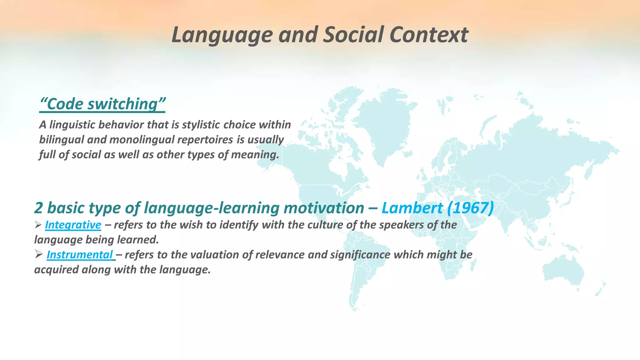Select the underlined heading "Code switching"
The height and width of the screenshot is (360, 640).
pyautogui.click(x=102, y=104)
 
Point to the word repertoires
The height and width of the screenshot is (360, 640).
pyautogui.click(x=205, y=140)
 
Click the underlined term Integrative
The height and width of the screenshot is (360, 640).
pyautogui.click(x=73, y=225)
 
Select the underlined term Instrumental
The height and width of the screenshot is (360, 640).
pyautogui.click(x=80, y=255)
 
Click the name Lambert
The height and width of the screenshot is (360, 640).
pyautogui.click(x=412, y=208)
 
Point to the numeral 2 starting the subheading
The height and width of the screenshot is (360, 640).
pyautogui.click(x=38, y=208)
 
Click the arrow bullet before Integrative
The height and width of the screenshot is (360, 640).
pyautogui.click(x=38, y=224)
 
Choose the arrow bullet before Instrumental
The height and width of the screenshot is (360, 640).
pyautogui.click(x=39, y=254)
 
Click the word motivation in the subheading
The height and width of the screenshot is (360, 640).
pyautogui.click(x=324, y=208)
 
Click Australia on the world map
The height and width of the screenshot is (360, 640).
pyautogui.click(x=562, y=269)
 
